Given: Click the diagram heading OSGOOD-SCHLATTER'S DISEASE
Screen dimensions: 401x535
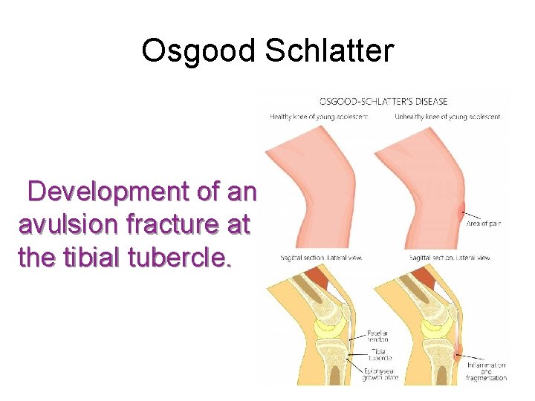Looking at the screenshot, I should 383,101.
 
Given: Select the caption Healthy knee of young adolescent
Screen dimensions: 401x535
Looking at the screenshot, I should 319,117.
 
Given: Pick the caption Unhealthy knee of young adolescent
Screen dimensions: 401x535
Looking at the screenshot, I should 447,117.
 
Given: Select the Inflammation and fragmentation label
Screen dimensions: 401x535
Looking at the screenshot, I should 487,371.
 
